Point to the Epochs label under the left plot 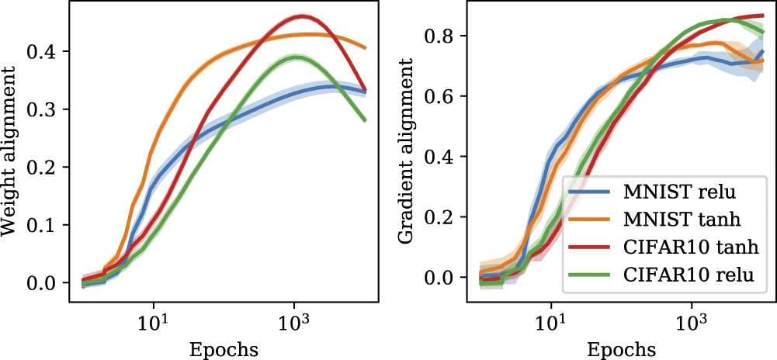[x=224, y=350]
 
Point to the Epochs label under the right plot [x=621, y=350]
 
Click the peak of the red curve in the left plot [x=301, y=17]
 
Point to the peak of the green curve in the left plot [x=296, y=57]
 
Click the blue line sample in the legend [x=589, y=192]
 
